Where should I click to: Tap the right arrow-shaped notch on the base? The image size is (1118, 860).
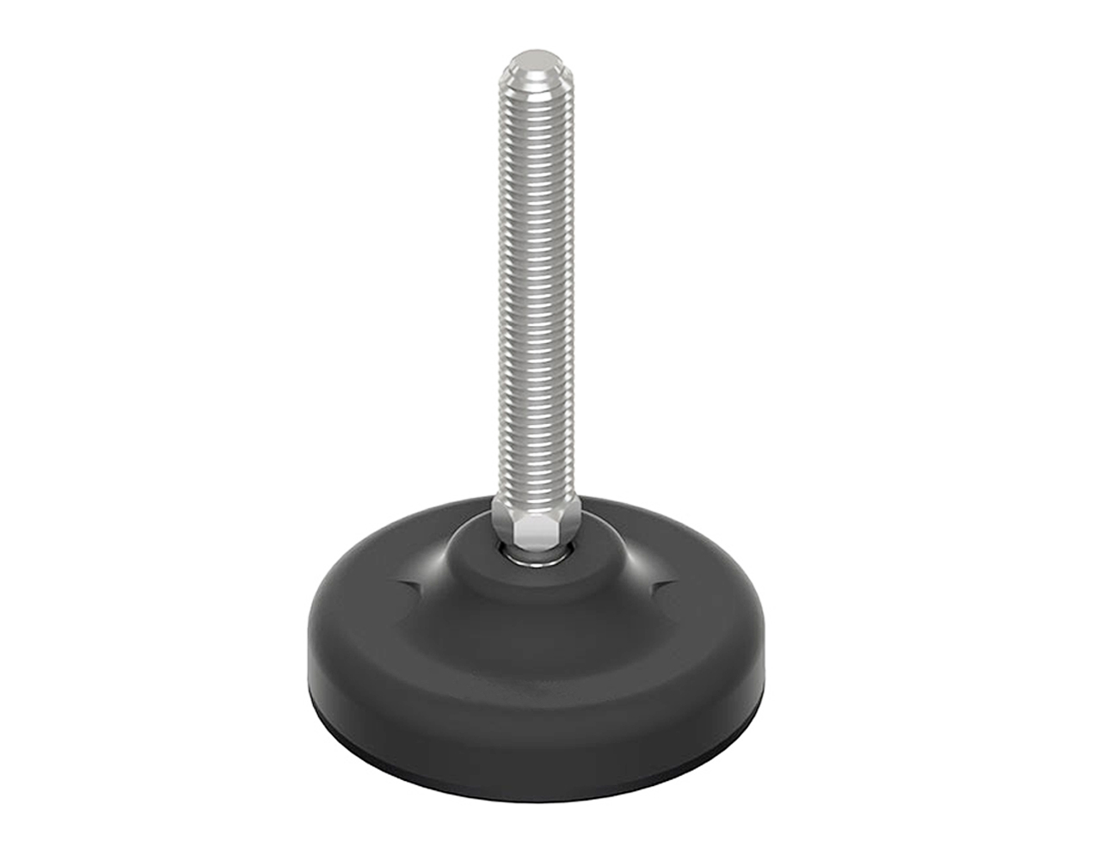click(x=660, y=587)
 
